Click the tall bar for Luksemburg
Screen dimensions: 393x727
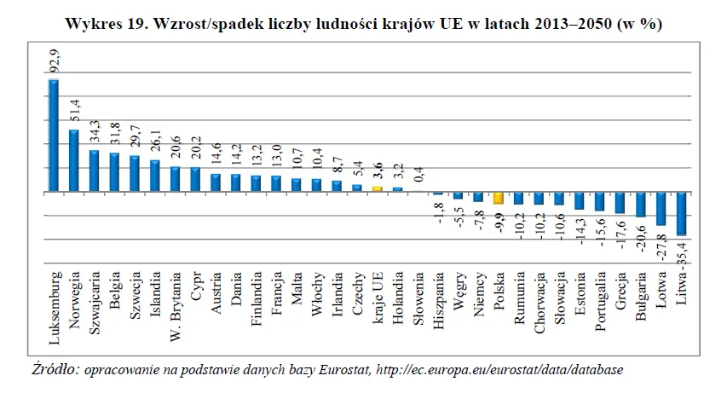click(x=53, y=136)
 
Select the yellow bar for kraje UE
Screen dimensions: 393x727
click(x=376, y=189)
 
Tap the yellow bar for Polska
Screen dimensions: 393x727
click(x=499, y=199)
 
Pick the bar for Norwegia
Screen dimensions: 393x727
click(x=73, y=161)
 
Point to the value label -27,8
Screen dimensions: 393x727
click(x=662, y=247)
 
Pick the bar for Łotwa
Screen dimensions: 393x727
click(x=661, y=209)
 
